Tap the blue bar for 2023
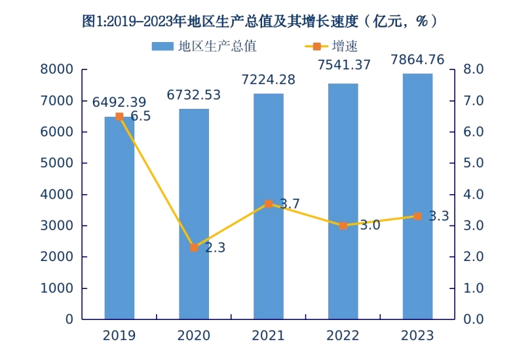417,197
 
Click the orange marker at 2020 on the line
194,248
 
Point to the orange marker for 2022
343,226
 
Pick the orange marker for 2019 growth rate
119,117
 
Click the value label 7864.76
417,60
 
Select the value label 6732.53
194,95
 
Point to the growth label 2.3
215,248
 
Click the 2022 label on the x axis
343,336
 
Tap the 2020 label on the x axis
194,336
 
